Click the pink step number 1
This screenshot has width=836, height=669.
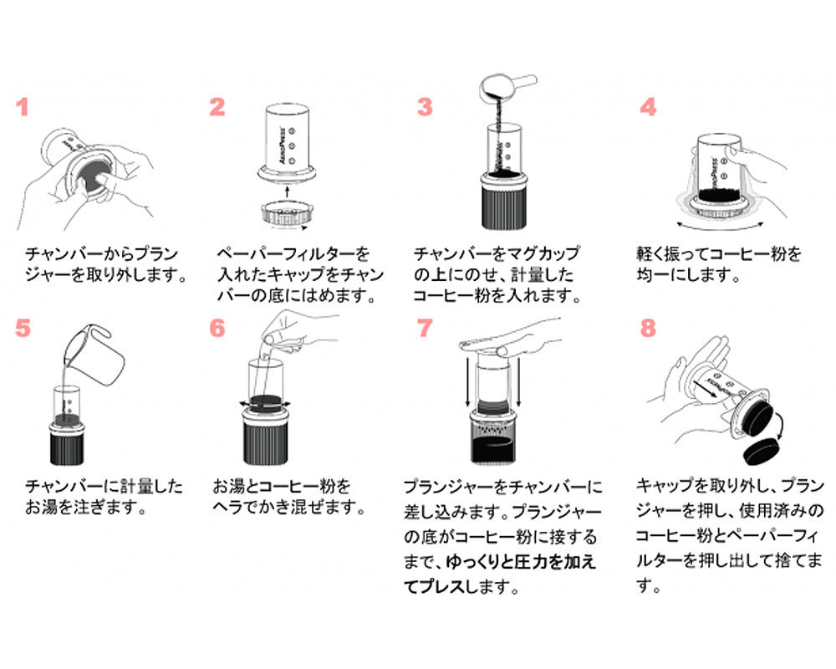pyautogui.click(x=23, y=108)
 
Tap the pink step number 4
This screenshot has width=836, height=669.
pyautogui.click(x=648, y=108)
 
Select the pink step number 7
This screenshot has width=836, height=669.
pyautogui.click(x=426, y=328)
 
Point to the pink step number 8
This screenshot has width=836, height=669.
pyautogui.click(x=648, y=328)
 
